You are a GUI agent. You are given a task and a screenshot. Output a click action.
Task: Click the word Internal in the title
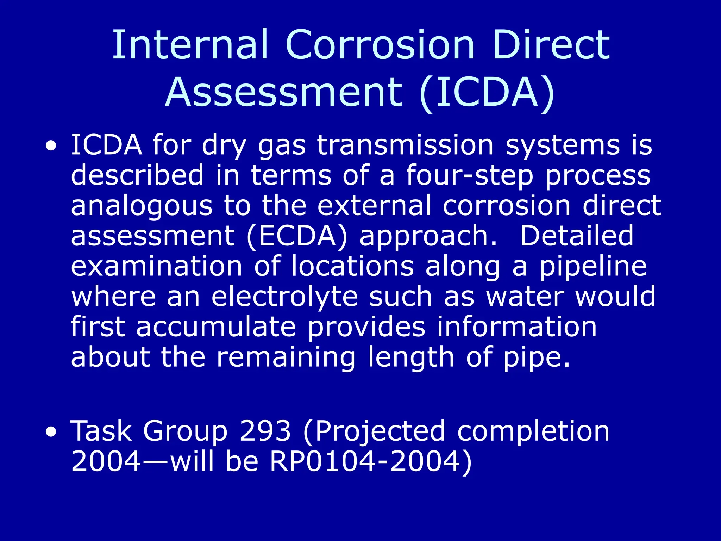click(190, 45)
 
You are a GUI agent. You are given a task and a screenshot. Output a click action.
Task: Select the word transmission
click(405, 145)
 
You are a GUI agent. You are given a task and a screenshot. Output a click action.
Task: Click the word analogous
click(142, 206)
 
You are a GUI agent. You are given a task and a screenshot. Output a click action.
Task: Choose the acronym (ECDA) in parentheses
click(297, 236)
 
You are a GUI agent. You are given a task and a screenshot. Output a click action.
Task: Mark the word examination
click(157, 266)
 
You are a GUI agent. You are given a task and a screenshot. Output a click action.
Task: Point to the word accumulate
click(216, 327)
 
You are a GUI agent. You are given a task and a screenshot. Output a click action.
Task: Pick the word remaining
click(286, 357)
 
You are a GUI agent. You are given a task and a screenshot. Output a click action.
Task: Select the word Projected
click(380, 431)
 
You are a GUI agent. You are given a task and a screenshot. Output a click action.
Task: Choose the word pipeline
click(593, 267)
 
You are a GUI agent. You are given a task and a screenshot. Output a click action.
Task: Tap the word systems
click(562, 145)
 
